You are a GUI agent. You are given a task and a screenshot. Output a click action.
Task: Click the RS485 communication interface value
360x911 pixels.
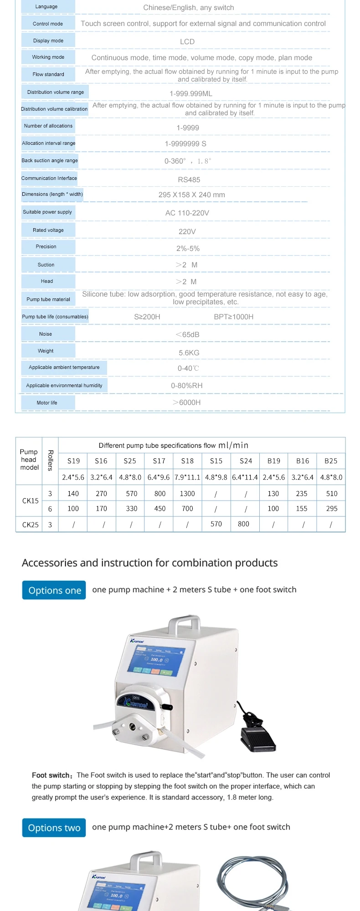[x=189, y=180]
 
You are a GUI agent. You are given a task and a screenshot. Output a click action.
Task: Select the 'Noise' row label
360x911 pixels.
[x=46, y=334]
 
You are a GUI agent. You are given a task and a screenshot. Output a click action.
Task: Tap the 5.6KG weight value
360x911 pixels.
[x=189, y=353]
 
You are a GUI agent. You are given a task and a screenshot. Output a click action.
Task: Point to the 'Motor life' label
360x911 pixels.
[x=47, y=403]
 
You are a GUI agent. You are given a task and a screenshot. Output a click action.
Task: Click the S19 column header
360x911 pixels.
[x=73, y=461]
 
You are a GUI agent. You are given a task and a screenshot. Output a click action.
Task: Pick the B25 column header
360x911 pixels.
[x=331, y=461]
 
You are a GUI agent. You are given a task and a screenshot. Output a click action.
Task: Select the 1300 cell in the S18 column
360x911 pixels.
[x=187, y=494]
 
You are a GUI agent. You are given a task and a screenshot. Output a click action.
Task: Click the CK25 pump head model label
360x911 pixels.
[x=31, y=525]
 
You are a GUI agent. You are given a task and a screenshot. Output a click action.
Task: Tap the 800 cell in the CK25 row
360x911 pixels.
[x=244, y=524]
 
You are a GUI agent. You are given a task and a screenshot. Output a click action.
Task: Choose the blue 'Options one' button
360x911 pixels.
[x=54, y=590]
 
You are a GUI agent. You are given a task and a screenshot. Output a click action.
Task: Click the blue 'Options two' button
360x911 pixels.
[x=54, y=828]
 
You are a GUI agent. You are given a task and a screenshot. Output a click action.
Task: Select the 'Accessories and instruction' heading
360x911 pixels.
[x=149, y=563]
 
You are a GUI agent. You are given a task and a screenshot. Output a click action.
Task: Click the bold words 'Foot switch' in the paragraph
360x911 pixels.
[x=51, y=775]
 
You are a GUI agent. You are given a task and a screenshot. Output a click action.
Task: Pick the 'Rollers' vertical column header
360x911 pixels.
[x=50, y=460]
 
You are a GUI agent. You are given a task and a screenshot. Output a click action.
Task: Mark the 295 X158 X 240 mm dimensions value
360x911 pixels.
[x=191, y=195]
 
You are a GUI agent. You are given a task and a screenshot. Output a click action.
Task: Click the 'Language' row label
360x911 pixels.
[x=46, y=7]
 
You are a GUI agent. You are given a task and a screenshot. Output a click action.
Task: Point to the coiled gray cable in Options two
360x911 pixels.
[x=253, y=881]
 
